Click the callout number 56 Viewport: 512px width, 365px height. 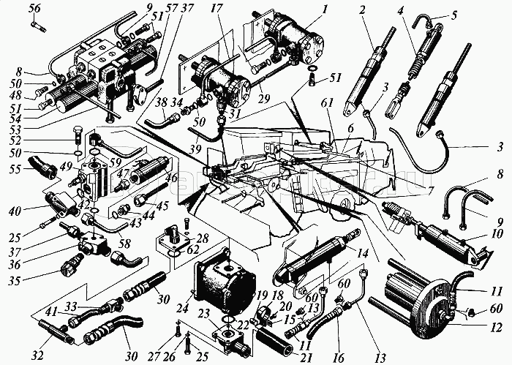click(34, 9)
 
